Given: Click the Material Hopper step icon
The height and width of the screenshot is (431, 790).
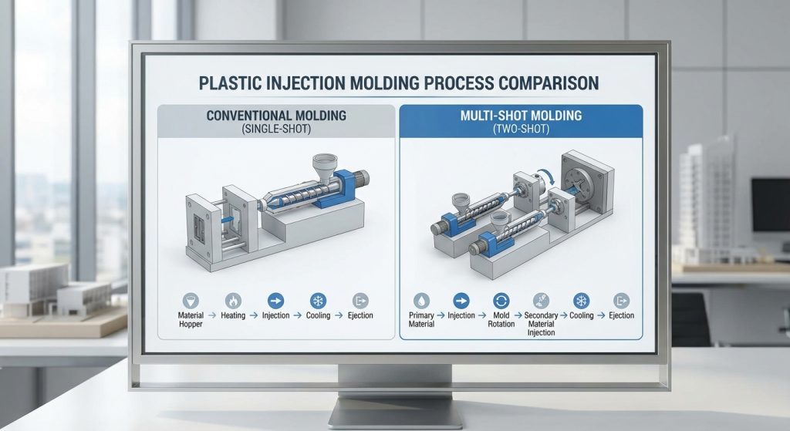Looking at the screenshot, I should click(191, 300).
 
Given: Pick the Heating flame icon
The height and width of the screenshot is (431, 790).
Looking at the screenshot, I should click(233, 300).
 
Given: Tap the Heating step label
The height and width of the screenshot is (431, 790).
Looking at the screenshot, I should click(233, 315).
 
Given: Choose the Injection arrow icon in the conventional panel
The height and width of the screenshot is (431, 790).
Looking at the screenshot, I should click(275, 300).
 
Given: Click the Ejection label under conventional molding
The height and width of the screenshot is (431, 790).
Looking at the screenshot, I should click(360, 315).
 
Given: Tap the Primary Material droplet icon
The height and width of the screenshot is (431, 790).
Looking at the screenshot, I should click(421, 300).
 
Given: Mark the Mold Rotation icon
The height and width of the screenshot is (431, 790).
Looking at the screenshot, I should click(501, 300).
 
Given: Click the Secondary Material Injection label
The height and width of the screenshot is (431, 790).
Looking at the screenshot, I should click(540, 324).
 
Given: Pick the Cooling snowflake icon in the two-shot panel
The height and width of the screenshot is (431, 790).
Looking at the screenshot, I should click(581, 300).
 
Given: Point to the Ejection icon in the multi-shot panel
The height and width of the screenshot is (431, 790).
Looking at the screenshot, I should click(621, 300).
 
